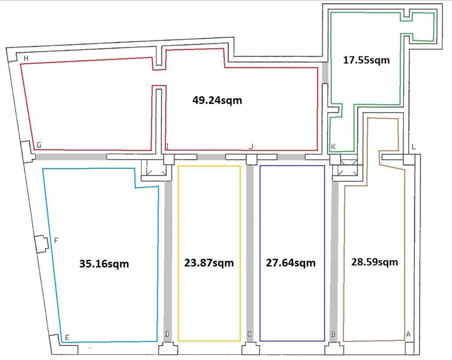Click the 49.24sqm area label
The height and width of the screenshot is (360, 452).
[x=217, y=100]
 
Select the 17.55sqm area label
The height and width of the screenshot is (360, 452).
[x=366, y=60]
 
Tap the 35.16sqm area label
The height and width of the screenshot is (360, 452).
[x=104, y=264]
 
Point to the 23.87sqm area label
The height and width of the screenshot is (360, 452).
[x=209, y=263]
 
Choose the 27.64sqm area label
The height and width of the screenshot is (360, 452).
[x=290, y=263]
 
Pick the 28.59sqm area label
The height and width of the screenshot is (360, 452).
[x=374, y=262]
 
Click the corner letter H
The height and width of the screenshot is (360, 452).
[x=26, y=59]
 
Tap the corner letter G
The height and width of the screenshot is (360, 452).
[x=39, y=145]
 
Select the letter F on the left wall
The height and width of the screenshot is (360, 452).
[x=56, y=240]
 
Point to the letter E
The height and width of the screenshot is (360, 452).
[x=67, y=337]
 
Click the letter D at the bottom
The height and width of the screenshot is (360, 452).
[x=167, y=334]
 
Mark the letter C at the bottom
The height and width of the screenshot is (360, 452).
[x=250, y=334]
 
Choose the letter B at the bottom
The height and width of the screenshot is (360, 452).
[x=333, y=334]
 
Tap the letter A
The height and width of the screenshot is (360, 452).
[x=408, y=334]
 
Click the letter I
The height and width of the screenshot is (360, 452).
[x=167, y=147]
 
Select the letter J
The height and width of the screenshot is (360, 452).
[x=251, y=147]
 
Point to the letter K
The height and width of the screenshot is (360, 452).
[x=333, y=147]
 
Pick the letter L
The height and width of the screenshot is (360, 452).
[x=414, y=147]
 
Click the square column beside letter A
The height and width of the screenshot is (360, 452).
[x=409, y=348]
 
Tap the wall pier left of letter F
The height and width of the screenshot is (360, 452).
[x=41, y=244]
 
